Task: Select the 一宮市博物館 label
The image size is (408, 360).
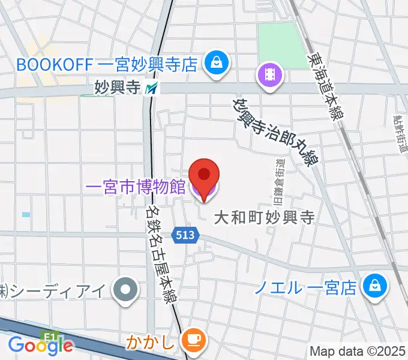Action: (136, 187)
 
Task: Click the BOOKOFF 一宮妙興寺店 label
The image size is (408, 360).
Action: (106, 64)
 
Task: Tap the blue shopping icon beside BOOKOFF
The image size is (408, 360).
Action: (214, 62)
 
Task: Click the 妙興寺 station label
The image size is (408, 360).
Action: (117, 88)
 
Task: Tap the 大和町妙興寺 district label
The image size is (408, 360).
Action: (265, 217)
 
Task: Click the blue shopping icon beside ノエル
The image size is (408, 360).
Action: (374, 286)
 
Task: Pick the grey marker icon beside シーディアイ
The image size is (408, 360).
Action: (127, 290)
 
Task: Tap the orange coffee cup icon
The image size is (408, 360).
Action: (193, 340)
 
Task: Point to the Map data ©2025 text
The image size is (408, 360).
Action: (358, 351)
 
